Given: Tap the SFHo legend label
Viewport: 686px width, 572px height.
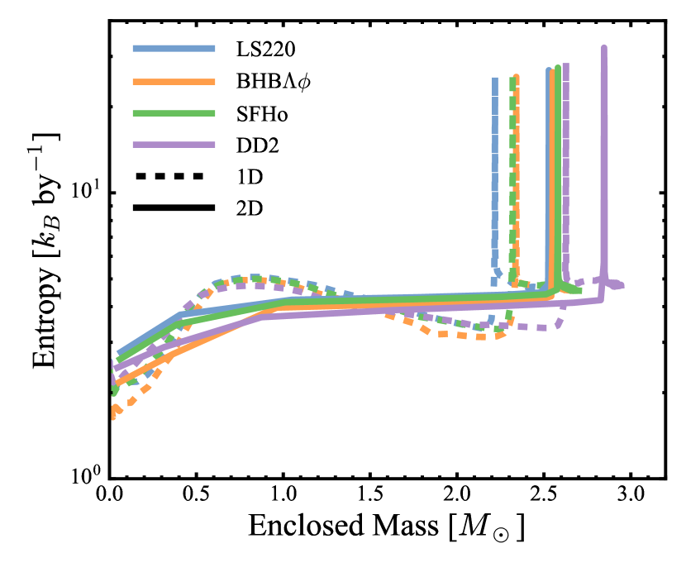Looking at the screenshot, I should pyautogui.click(x=260, y=113).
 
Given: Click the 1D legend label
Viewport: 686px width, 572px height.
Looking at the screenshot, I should pyautogui.click(x=248, y=177).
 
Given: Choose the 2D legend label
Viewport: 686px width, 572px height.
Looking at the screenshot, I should pyautogui.click(x=248, y=208).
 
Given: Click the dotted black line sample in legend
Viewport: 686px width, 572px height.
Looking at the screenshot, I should pyautogui.click(x=168, y=176).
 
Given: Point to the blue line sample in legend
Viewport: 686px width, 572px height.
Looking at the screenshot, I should pyautogui.click(x=168, y=48).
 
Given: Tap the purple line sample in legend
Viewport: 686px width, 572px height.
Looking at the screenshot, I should pyautogui.click(x=168, y=145).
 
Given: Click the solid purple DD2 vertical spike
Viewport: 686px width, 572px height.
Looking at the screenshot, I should pyautogui.click(x=604, y=165).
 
